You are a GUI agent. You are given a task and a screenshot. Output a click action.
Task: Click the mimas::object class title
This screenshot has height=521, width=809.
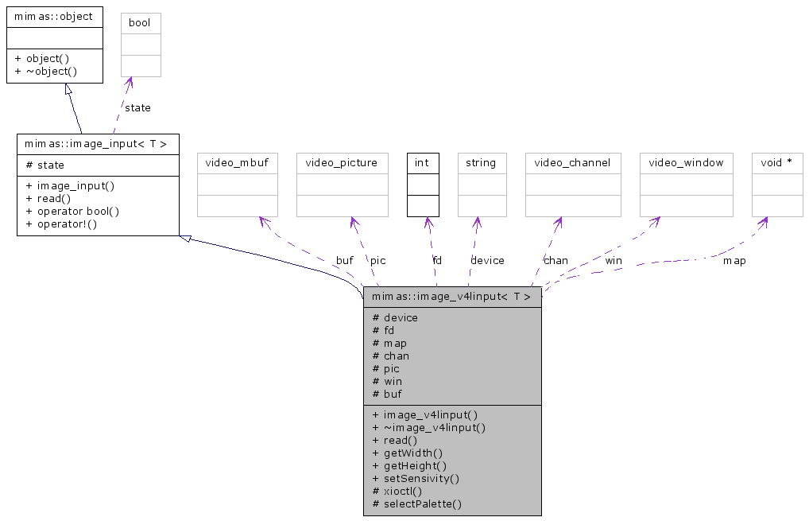coord(53,16)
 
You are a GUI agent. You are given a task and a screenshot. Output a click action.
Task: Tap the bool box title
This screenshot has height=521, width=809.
coord(140,23)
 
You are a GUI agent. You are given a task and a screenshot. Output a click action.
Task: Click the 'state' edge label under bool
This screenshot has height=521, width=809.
coord(137,107)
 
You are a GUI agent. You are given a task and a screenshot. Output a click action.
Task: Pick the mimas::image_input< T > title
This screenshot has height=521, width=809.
coord(96,144)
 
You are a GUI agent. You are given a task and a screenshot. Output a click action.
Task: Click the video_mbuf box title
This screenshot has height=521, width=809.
coord(237,163)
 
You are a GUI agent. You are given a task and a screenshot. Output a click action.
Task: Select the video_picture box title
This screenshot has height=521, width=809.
coord(342,163)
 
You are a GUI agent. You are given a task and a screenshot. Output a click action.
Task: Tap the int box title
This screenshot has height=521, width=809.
coord(422,163)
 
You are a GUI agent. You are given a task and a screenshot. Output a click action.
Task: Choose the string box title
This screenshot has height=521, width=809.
coord(481,163)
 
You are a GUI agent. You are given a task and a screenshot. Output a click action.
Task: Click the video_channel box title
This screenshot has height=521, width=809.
coord(572,163)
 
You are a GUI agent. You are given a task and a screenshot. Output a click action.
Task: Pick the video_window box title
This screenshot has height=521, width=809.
coord(686,163)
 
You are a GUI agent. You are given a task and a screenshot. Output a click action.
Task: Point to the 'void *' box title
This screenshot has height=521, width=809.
coord(776,163)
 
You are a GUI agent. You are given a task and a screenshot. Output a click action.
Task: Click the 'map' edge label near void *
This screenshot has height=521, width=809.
coord(734,260)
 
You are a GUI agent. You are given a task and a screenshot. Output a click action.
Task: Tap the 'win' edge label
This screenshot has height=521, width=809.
coord(614,260)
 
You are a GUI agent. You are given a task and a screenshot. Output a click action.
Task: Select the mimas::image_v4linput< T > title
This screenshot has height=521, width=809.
coord(451,297)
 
